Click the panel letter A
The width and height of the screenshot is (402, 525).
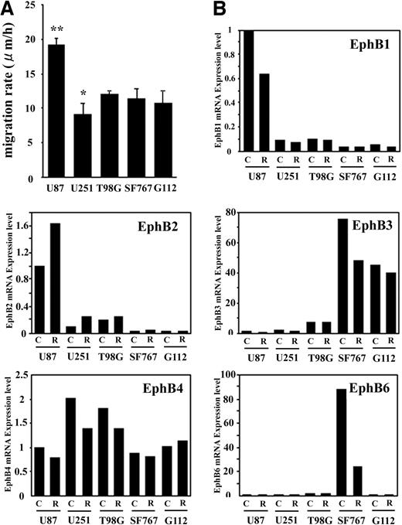pos(9,9)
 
